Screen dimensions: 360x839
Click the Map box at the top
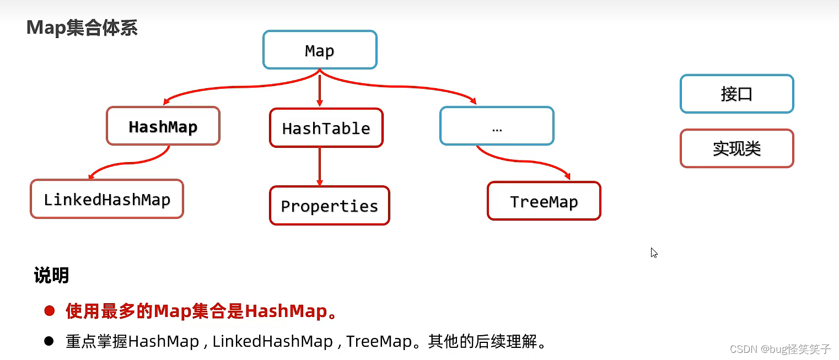(320, 50)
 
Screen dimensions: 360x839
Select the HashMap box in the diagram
(163, 126)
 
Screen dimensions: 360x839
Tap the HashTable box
(326, 128)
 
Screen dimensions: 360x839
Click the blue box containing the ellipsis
(497, 126)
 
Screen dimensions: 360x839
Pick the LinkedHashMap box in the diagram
(107, 199)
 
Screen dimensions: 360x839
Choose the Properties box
(329, 206)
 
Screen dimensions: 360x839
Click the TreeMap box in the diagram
(544, 201)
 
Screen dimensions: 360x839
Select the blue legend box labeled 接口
(736, 94)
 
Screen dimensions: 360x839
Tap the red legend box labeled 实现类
(736, 148)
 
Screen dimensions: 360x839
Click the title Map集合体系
(82, 28)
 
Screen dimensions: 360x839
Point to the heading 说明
(51, 275)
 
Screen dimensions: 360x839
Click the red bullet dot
(50, 311)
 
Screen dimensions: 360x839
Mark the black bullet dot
(49, 341)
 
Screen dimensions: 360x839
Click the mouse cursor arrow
(654, 252)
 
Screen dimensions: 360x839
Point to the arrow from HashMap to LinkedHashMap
(132, 164)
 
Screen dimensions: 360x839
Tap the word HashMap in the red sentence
(286, 311)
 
